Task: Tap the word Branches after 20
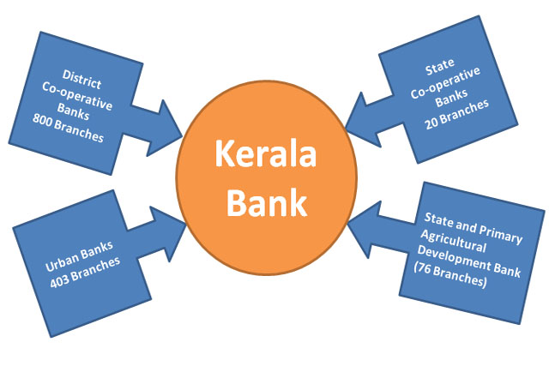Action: click(x=468, y=114)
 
